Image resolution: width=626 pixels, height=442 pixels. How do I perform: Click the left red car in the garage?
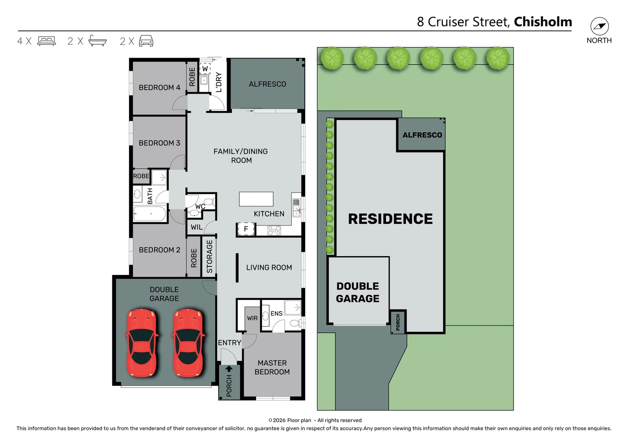[141, 343]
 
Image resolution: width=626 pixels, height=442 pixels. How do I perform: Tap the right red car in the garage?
[188, 343]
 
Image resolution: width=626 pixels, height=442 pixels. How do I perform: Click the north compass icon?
[599, 27]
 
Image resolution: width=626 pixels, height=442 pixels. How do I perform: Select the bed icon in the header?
[46, 41]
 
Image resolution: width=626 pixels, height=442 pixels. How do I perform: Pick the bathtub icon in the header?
[98, 41]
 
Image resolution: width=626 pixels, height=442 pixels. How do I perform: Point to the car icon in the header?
[146, 41]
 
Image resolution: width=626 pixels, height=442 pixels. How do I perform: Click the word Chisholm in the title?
[543, 22]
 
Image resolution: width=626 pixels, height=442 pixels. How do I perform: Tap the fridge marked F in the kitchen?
[246, 229]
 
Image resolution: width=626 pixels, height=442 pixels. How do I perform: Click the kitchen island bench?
[256, 199]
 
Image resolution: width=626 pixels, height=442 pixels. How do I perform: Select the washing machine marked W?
[205, 69]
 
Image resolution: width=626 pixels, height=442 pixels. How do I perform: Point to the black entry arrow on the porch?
[229, 369]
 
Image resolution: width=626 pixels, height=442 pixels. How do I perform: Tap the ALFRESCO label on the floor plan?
[267, 84]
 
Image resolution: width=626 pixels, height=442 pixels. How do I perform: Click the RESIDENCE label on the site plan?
[390, 219]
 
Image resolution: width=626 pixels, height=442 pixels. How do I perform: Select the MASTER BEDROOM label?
[272, 368]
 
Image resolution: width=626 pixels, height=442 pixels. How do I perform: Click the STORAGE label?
[209, 257]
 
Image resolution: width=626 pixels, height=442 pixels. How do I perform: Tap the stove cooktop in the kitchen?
[274, 231]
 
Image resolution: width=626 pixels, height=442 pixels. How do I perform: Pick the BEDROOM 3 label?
[159, 143]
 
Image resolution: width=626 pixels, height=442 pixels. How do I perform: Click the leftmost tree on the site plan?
[332, 58]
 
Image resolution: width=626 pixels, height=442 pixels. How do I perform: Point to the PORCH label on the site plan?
[398, 322]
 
